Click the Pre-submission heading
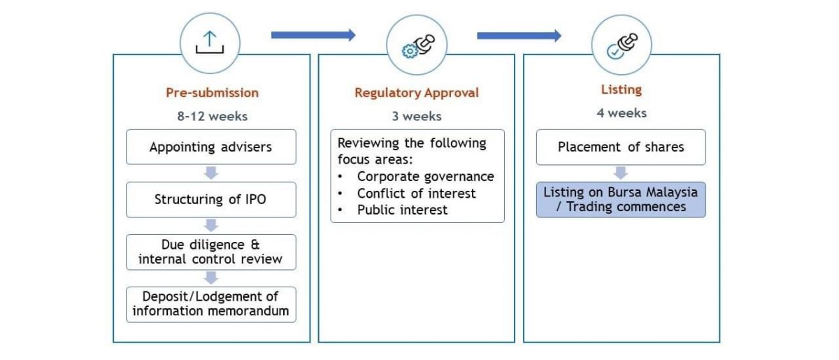212,92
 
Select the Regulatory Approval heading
417,92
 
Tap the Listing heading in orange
621,89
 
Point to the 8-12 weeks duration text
212,116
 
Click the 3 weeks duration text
417,116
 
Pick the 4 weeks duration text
621,113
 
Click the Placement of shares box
621,147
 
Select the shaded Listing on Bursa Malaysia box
621,199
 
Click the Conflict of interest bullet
416,193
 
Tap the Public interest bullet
402,210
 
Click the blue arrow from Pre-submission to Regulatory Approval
313,35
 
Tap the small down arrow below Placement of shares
621,173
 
